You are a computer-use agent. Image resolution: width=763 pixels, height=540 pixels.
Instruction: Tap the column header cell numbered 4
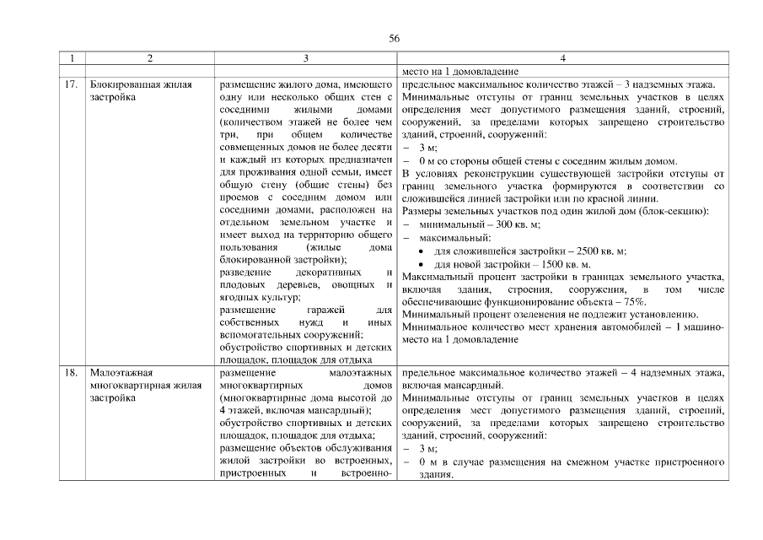562,58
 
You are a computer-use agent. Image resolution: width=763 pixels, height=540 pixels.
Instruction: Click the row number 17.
72,84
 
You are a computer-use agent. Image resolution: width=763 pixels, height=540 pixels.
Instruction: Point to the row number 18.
72,372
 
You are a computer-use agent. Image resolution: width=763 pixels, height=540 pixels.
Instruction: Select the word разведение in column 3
245,273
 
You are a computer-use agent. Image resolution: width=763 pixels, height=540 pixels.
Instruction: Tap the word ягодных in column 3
238,298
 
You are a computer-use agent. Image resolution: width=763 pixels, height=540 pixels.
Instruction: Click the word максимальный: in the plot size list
449,237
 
